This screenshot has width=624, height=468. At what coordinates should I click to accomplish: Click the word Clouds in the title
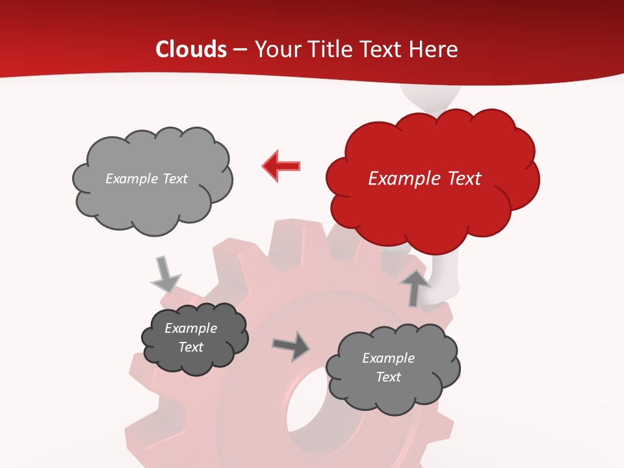[191, 49]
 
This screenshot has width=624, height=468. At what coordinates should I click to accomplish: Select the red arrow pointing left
[281, 166]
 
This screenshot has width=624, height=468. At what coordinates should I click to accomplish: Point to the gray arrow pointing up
[415, 288]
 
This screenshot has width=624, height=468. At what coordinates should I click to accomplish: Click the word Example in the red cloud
[402, 179]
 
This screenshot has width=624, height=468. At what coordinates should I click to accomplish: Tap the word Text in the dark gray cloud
[191, 348]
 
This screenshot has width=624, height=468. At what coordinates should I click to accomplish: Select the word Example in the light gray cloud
[131, 179]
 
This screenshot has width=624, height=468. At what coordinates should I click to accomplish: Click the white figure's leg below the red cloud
[446, 276]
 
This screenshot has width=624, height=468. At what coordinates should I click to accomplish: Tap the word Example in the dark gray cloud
[190, 328]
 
